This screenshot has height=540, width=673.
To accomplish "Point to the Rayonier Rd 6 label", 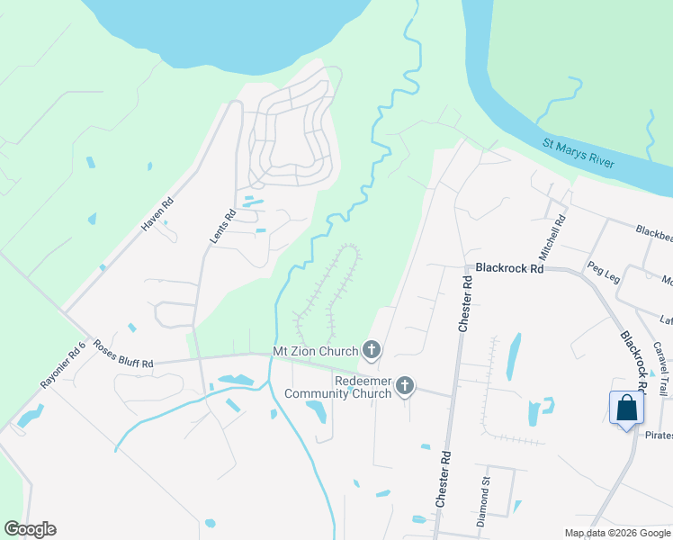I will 63,364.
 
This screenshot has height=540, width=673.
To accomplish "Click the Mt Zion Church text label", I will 316,350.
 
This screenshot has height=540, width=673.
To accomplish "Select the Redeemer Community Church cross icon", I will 405,386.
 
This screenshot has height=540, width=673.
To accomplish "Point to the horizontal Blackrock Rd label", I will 509,267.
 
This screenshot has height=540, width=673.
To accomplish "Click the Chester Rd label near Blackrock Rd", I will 466,303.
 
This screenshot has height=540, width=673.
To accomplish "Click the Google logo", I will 30,529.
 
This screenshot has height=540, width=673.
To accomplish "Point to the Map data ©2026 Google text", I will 616,533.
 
